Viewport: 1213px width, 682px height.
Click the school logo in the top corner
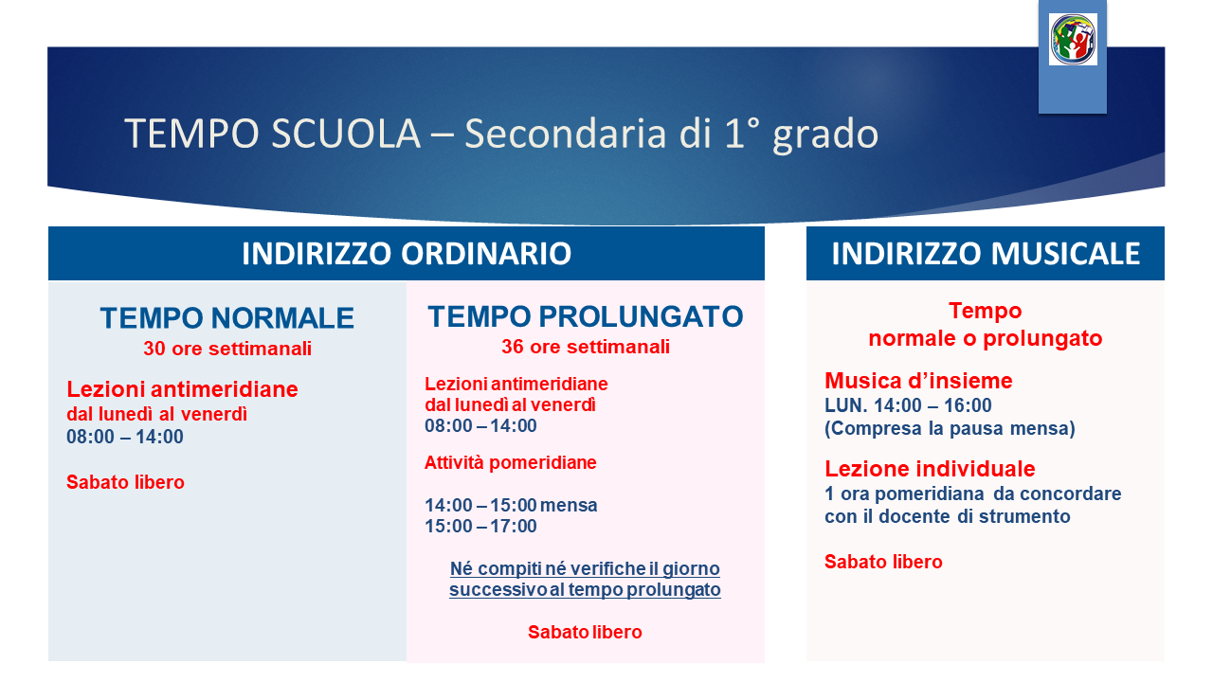[x=1073, y=40]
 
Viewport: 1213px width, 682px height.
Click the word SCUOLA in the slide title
[x=346, y=134]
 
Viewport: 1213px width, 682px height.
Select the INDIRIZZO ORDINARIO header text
[x=407, y=253]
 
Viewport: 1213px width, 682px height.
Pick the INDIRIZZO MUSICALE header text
[x=986, y=253]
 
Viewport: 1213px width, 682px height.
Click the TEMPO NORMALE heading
[x=226, y=317]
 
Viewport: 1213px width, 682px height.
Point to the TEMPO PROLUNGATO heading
[x=586, y=316]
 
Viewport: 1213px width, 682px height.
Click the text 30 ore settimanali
[x=227, y=349]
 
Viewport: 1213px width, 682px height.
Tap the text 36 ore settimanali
[x=586, y=347]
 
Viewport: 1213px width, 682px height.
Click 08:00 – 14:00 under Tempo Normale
[x=125, y=437]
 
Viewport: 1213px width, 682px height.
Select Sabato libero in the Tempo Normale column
[x=126, y=482]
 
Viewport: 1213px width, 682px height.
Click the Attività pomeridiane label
[x=510, y=463]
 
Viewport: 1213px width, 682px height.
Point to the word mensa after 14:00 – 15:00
[x=569, y=506]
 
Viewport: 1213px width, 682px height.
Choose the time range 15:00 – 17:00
[x=480, y=526]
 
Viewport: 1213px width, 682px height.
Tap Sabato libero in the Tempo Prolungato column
[x=585, y=632]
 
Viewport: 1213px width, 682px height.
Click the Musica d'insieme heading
[x=918, y=381]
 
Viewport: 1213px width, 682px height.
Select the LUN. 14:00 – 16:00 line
[x=908, y=405]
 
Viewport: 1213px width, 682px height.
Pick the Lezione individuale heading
[x=930, y=469]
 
